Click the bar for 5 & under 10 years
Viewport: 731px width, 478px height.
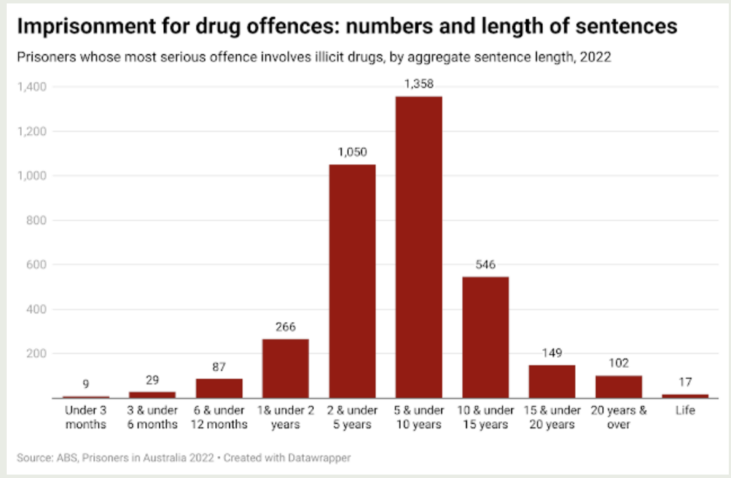(x=418, y=247)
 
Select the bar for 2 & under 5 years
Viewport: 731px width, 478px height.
(x=352, y=281)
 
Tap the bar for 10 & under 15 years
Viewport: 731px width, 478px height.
(x=485, y=337)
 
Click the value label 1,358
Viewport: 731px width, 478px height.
(x=418, y=85)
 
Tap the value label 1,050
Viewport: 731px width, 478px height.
(x=352, y=153)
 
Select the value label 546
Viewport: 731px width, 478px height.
(x=485, y=265)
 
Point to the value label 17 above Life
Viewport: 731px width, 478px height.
(x=685, y=382)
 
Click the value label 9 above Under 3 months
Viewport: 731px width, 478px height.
(x=86, y=385)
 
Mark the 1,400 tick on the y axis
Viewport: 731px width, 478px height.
(x=32, y=87)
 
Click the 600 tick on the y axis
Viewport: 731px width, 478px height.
(x=37, y=265)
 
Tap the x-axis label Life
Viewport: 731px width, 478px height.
(x=685, y=411)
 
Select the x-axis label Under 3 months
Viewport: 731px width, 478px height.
(x=86, y=417)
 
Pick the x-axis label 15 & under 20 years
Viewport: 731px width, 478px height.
(x=552, y=417)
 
